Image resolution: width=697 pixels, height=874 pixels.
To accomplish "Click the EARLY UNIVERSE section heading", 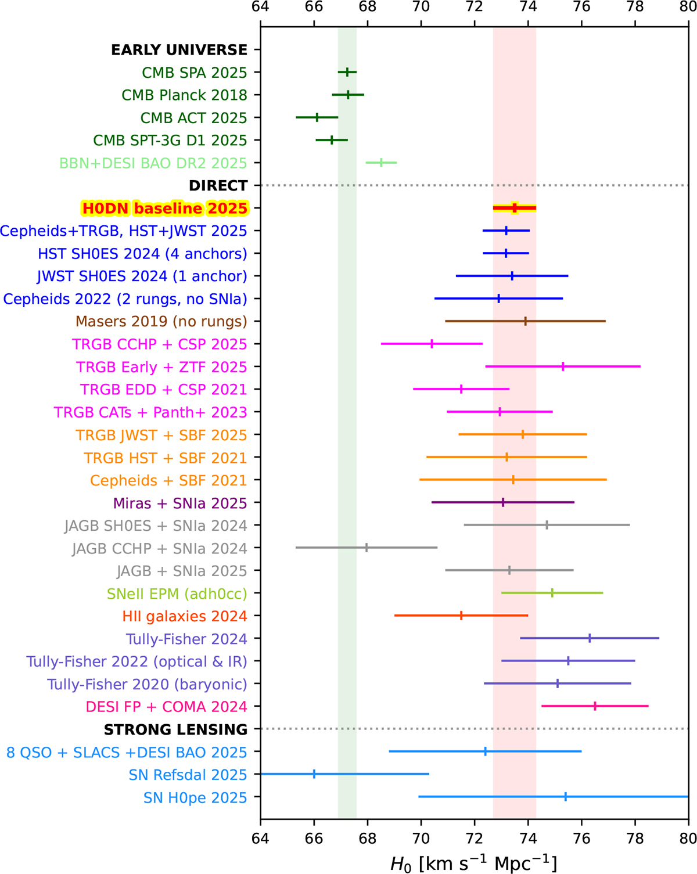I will click(179, 50).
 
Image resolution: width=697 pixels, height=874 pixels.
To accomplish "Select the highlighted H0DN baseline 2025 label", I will click(165, 208).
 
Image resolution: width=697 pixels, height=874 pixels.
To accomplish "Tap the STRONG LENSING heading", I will click(175, 729).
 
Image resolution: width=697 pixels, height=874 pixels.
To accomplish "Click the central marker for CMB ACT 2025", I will click(317, 117).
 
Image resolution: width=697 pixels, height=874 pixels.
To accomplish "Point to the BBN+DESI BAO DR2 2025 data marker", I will click(381, 163).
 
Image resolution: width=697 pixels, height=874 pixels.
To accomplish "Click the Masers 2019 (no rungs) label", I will click(161, 322).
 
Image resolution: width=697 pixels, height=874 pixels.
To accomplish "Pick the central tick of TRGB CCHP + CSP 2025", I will click(432, 344).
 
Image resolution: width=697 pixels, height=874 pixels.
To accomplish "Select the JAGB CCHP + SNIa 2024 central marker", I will click(367, 548).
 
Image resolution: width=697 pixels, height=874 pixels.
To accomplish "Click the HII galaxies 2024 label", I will click(185, 616).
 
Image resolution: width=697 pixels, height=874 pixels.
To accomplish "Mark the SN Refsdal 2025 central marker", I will click(314, 774).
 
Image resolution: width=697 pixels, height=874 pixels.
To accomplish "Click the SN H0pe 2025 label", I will click(195, 798).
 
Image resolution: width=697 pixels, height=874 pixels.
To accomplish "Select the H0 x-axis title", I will click(473, 864).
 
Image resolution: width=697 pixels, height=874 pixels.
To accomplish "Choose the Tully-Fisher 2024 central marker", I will click(590, 638).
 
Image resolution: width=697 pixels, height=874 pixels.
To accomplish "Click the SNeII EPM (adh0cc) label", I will click(177, 594).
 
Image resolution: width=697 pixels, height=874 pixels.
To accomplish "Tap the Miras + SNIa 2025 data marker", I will click(503, 502).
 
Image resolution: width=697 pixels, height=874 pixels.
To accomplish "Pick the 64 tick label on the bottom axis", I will click(260, 838).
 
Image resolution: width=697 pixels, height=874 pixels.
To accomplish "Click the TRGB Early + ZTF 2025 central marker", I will click(563, 366).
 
